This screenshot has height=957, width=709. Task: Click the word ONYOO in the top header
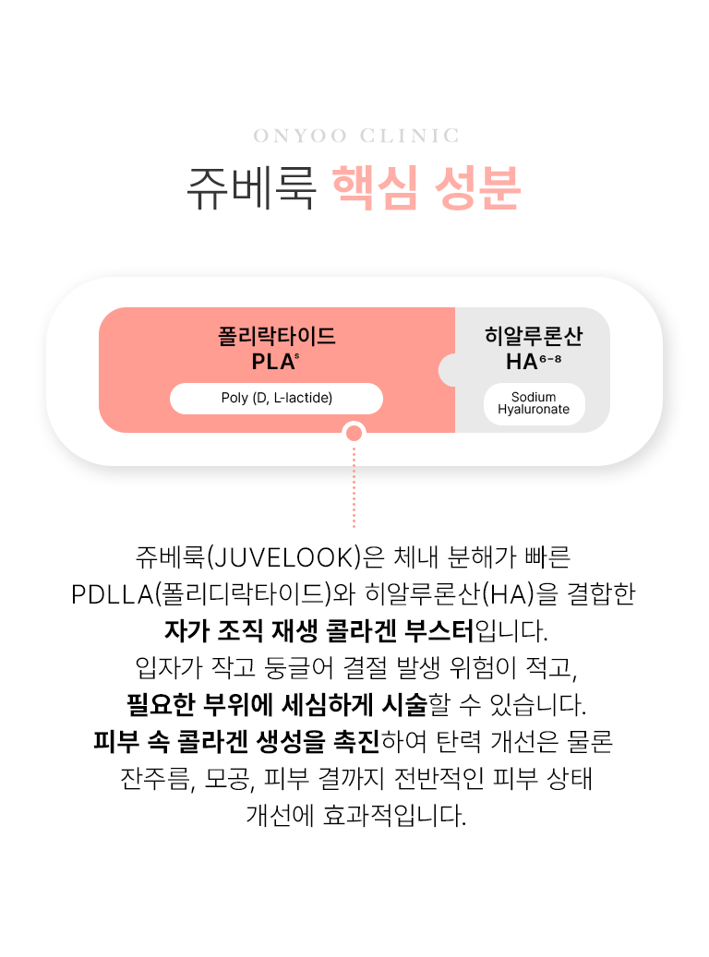click(x=300, y=137)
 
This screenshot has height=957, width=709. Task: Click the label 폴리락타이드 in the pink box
click(x=276, y=335)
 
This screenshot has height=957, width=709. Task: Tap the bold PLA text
click(x=272, y=361)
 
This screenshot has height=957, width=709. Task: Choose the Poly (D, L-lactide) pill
click(x=276, y=398)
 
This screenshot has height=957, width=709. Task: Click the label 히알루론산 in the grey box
click(x=534, y=335)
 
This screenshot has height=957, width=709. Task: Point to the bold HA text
click(x=523, y=361)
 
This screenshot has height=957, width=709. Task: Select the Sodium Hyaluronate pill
click(x=534, y=403)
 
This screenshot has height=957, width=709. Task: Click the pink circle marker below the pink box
click(x=354, y=433)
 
